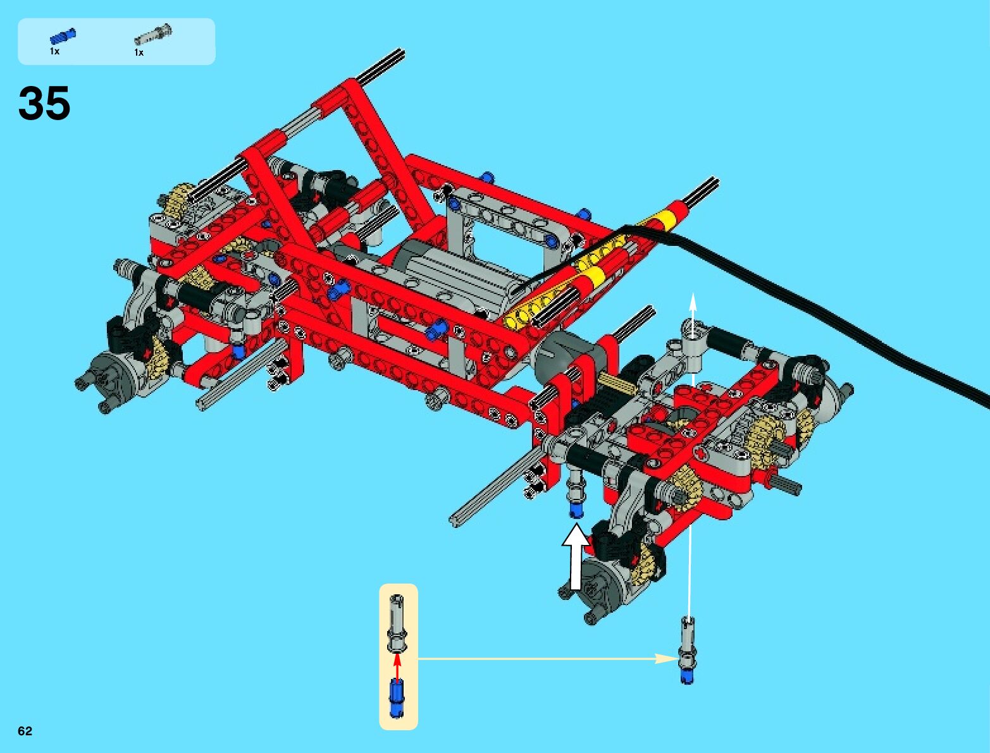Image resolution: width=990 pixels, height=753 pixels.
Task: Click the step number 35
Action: (x=44, y=103)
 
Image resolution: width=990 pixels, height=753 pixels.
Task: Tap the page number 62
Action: (x=25, y=730)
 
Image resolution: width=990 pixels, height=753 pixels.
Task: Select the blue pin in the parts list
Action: (x=63, y=36)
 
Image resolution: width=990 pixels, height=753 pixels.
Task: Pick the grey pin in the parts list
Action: (x=153, y=34)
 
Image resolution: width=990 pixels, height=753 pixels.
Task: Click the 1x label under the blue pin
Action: (x=54, y=51)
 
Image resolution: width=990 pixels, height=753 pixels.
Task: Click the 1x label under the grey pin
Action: (x=139, y=52)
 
